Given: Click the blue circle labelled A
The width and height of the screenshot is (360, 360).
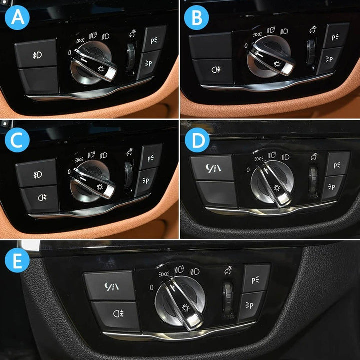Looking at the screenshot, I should pyautogui.click(x=18, y=18).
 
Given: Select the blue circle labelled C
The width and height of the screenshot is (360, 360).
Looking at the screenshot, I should pyautogui.click(x=18, y=140).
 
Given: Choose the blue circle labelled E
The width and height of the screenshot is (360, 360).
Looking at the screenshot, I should pyautogui.click(x=18, y=262).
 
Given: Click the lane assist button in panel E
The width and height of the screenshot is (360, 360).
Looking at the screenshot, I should pyautogui.click(x=110, y=287).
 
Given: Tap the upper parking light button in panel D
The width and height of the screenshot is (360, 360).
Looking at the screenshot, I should pyautogui.click(x=337, y=163).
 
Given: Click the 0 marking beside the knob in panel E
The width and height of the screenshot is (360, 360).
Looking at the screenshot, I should pyautogui.click(x=151, y=288).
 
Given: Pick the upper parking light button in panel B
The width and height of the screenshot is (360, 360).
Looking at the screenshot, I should pyautogui.click(x=335, y=35).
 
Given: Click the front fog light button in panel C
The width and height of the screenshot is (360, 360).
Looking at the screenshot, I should pyautogui.click(x=37, y=173).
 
